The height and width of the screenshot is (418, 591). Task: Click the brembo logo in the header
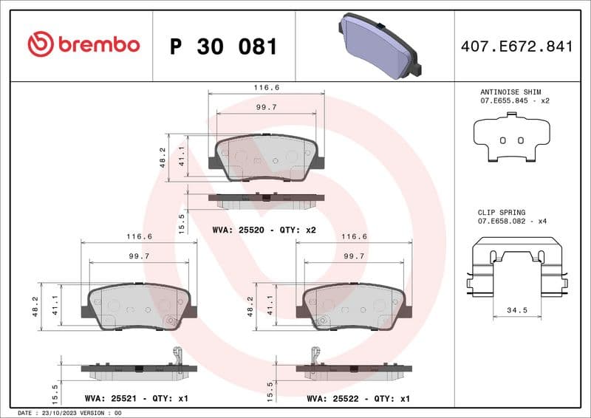click(83, 44)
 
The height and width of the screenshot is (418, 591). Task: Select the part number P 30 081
click(223, 47)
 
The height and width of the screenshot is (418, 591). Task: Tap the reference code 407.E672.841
click(516, 47)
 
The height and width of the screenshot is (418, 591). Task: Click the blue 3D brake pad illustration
click(378, 45)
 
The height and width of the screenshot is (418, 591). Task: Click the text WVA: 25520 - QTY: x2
click(264, 230)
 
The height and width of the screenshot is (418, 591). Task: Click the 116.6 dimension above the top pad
click(267, 87)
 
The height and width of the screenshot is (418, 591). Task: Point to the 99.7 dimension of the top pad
click(266, 107)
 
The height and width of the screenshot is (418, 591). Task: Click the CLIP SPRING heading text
click(502, 212)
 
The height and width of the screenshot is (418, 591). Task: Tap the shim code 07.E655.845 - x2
click(514, 100)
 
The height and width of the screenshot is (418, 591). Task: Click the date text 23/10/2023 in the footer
click(61, 413)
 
